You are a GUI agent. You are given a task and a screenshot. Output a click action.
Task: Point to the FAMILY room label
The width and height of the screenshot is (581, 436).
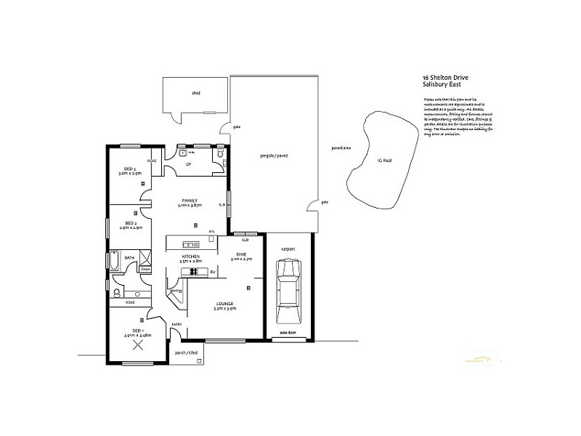coord(190,203)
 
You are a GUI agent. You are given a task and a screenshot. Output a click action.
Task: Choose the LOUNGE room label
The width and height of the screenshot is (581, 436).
coord(224,306)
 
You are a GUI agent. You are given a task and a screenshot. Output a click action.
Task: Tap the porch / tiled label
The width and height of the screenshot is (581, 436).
coord(187,352)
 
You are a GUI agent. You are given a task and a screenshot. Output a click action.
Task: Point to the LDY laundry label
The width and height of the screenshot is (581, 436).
coord(188,165)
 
